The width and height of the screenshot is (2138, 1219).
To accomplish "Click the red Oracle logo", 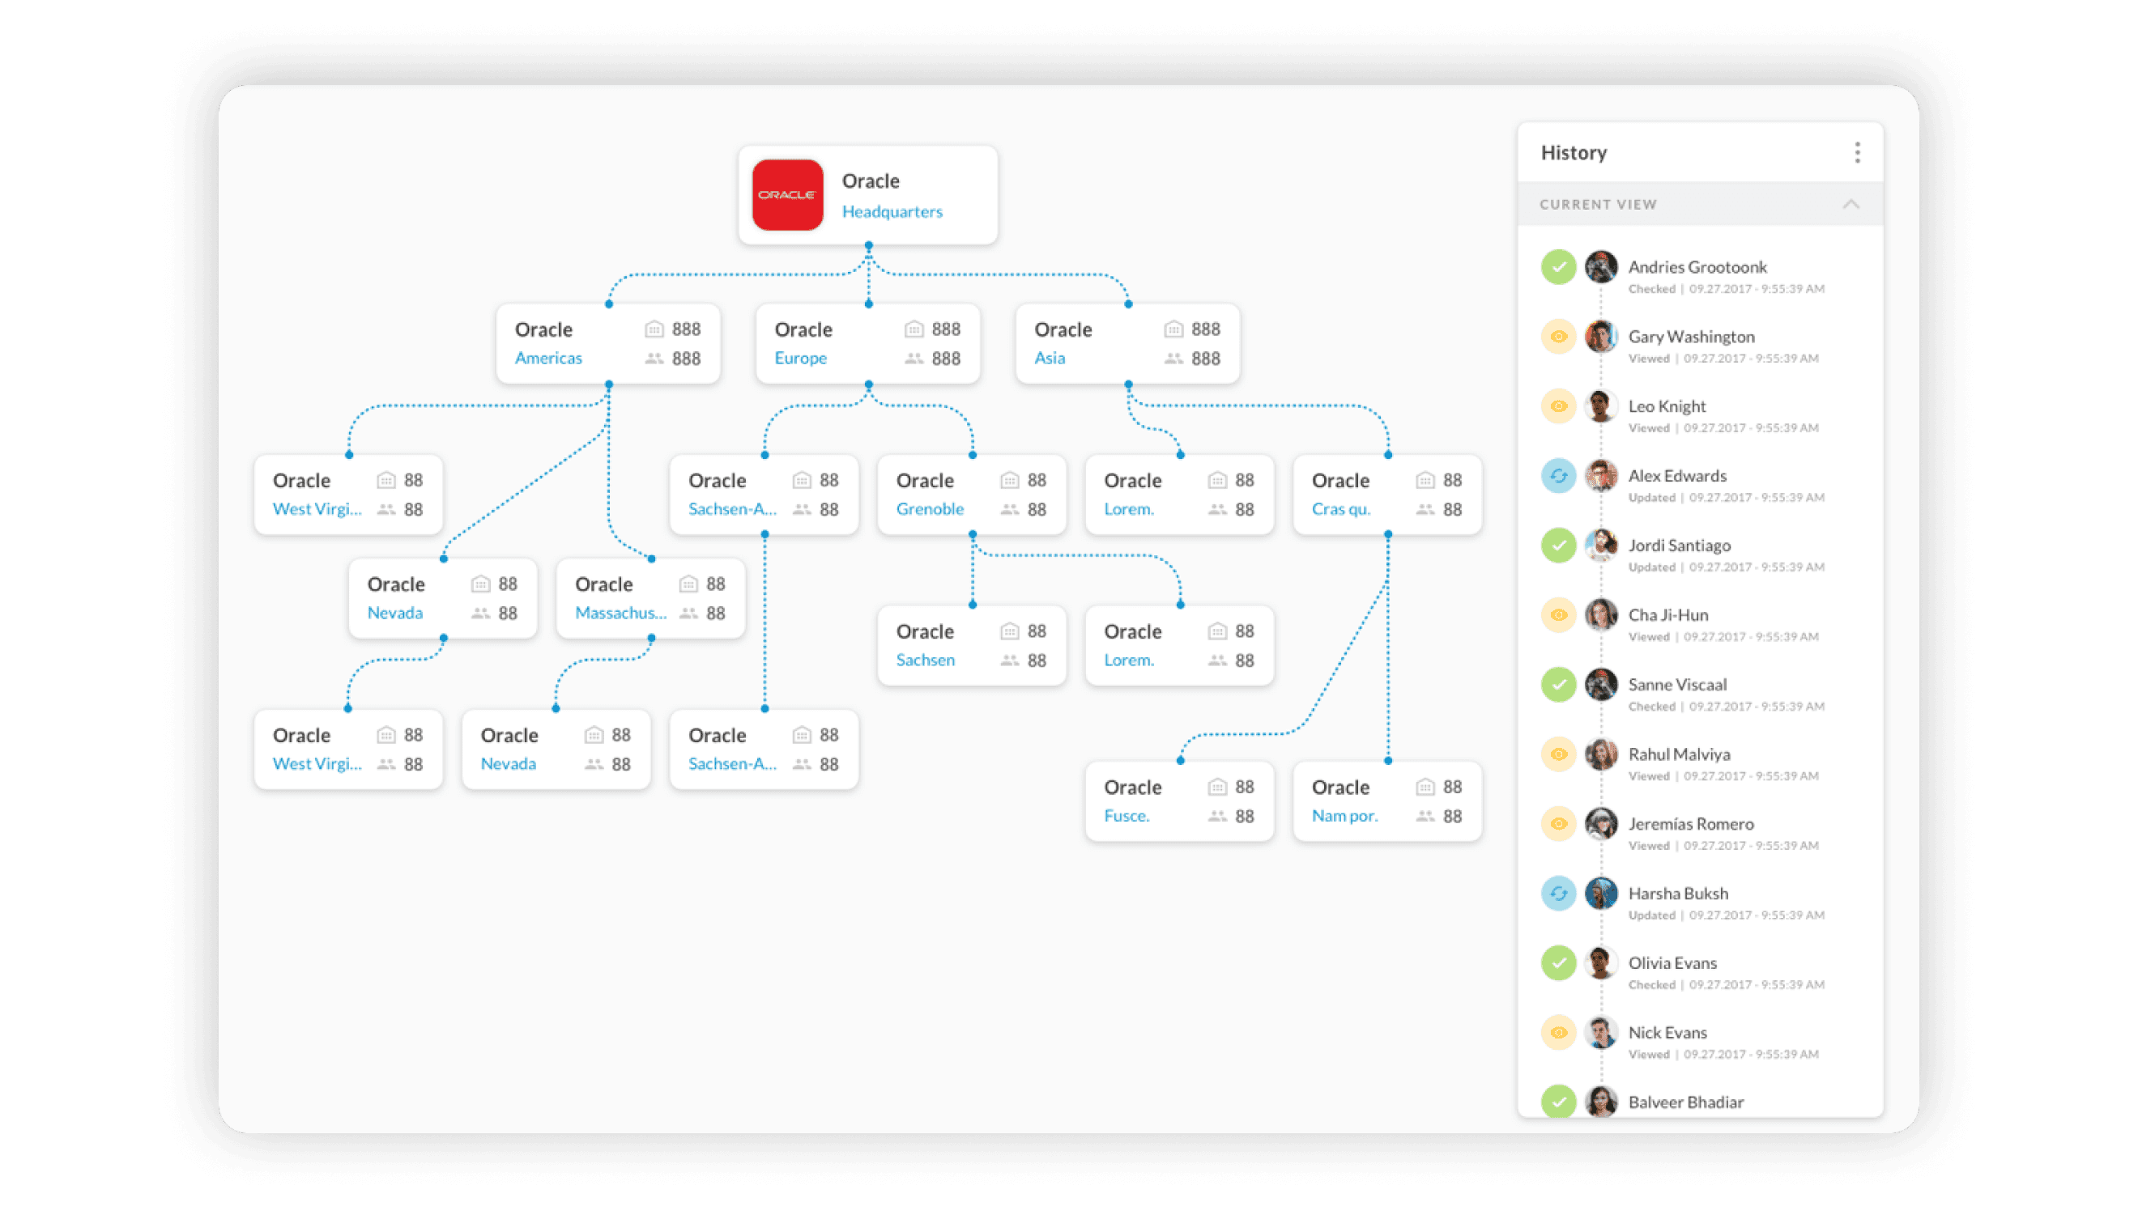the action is [786, 195].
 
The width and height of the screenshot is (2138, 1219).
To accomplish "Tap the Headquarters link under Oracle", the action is [891, 212].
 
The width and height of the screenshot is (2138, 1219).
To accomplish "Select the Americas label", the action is [547, 359].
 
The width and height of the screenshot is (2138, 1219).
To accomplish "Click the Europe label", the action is [800, 359].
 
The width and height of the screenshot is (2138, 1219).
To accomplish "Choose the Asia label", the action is [1049, 359].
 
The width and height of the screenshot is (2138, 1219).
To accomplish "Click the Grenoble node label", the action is [929, 509].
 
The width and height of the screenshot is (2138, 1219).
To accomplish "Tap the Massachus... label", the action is [620, 613].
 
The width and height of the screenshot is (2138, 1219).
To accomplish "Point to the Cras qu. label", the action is [1340, 509].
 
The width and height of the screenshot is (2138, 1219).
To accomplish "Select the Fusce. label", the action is [1126, 815].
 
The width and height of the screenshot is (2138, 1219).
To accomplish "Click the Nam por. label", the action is [1344, 815].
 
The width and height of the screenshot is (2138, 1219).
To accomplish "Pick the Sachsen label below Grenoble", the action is [925, 660].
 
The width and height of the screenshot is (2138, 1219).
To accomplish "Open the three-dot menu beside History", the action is [1857, 152].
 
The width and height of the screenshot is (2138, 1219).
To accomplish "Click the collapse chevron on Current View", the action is [1850, 204].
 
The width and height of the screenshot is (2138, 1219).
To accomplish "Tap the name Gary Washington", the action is [1690, 337].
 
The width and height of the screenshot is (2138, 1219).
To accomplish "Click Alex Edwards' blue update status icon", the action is [1557, 476].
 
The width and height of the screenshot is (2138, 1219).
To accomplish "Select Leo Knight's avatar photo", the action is [1600, 406].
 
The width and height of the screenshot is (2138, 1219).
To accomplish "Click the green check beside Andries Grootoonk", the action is [1557, 267].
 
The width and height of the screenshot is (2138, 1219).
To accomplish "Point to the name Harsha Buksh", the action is [1677, 894].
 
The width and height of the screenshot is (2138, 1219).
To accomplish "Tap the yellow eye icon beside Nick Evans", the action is [1557, 1032].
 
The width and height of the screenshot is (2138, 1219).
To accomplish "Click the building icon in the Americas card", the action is [654, 329].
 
